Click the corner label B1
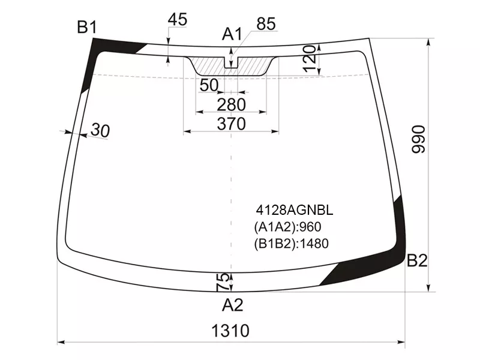pyautogui.click(x=87, y=27)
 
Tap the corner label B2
pyautogui.click(x=417, y=261)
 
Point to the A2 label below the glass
pyautogui.click(x=233, y=305)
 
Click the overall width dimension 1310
pyautogui.click(x=230, y=331)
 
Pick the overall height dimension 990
pyautogui.click(x=418, y=139)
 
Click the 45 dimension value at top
pyautogui.click(x=177, y=19)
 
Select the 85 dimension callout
pyautogui.click(x=266, y=23)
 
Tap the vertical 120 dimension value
pyautogui.click(x=309, y=58)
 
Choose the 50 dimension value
pyautogui.click(x=209, y=85)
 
